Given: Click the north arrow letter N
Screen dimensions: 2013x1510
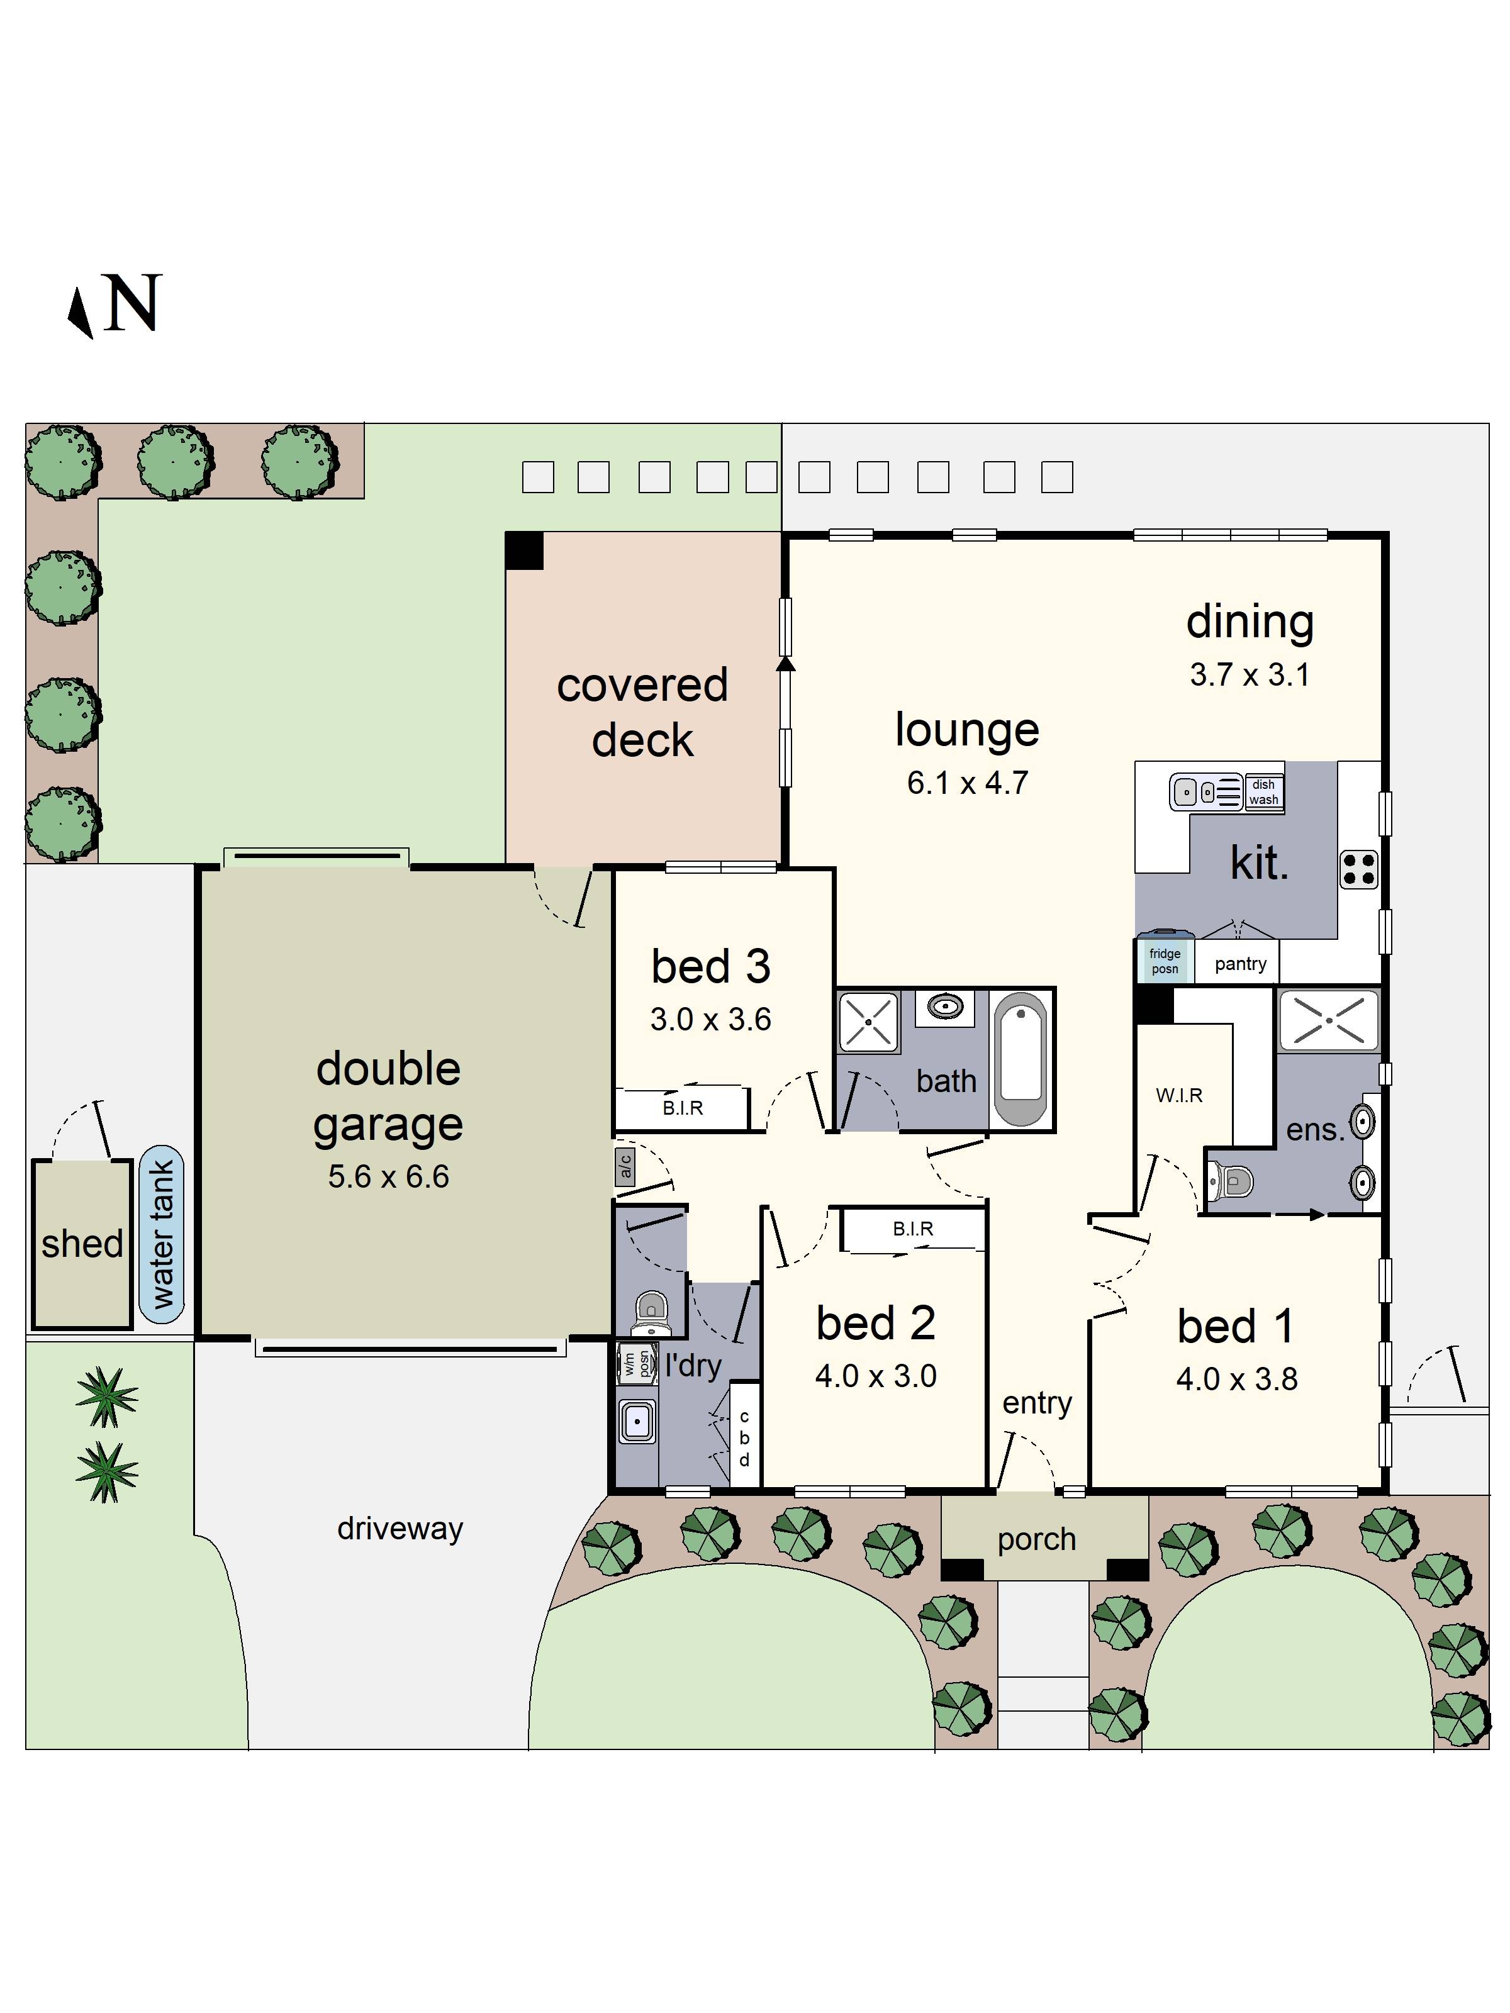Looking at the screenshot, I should click(x=133, y=303).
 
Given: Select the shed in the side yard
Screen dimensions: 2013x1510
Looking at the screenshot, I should click(x=82, y=1243).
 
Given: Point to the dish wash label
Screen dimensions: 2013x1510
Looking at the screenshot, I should click(x=1263, y=792).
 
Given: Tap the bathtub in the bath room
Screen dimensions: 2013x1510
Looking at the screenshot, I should click(x=1021, y=1057).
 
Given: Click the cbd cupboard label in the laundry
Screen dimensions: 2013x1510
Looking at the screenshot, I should click(x=744, y=1438).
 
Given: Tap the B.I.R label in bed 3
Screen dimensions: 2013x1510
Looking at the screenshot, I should click(x=683, y=1108).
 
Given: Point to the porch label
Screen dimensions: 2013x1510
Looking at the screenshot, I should click(x=1037, y=1539).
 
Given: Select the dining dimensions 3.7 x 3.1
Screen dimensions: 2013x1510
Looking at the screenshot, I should click(x=1250, y=675).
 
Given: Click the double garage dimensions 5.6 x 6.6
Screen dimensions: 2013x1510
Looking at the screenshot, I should click(x=389, y=1177).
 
